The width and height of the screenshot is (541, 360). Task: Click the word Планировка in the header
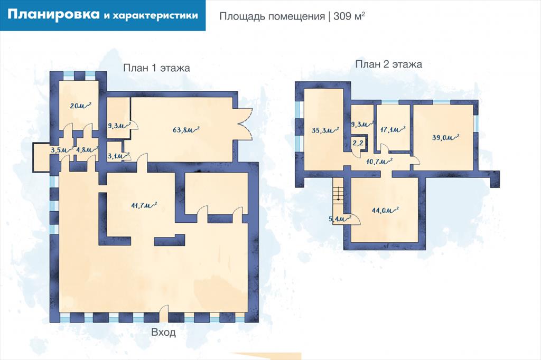coord(53,15)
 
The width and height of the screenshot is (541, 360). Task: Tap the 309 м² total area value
coord(349,16)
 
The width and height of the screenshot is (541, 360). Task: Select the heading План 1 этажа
coord(156,68)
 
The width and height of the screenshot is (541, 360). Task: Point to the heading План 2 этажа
coord(388,64)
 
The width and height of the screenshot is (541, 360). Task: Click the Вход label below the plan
coord(164,333)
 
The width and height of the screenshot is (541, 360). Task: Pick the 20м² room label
coord(80,105)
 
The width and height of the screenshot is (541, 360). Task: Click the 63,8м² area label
coord(186,130)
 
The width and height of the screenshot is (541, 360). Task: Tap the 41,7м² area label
coord(144,205)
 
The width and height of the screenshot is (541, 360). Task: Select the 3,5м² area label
coord(62,150)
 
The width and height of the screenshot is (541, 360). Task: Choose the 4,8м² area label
coord(87,150)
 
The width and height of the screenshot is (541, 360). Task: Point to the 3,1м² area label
coord(118,156)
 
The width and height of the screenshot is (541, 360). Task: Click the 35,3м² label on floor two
coord(325,130)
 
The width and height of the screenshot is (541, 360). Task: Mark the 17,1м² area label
coord(393,130)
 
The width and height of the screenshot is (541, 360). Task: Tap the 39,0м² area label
coord(445,137)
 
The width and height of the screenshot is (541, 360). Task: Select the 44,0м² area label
coord(385,210)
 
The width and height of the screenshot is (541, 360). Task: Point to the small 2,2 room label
coord(358,143)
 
